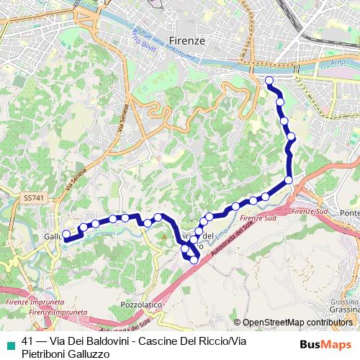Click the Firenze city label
click(x=186, y=41)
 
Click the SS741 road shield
click(x=32, y=197)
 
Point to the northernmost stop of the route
click(x=269, y=81)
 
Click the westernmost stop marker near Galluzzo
click(x=66, y=234)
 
